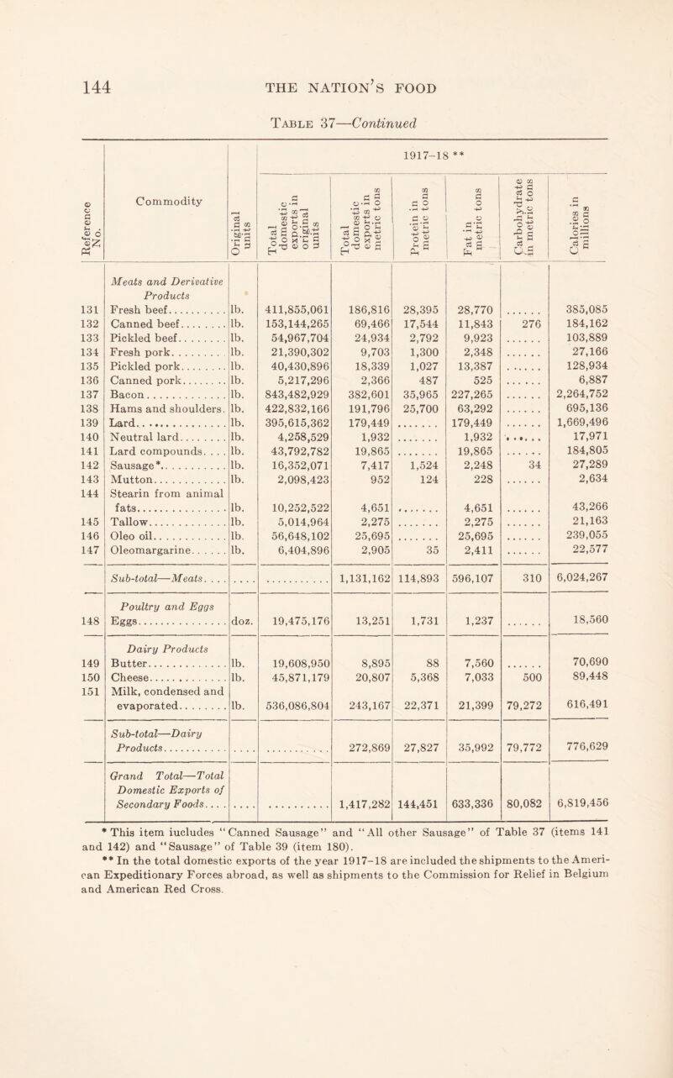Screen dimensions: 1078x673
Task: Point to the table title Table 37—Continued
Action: pos(335,128)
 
